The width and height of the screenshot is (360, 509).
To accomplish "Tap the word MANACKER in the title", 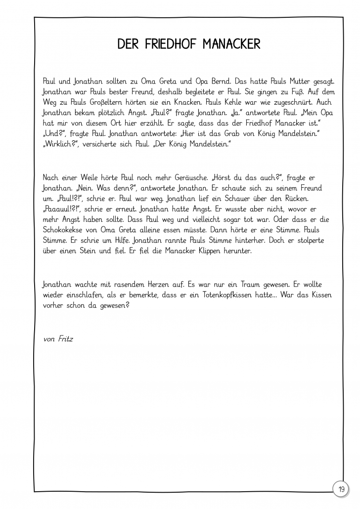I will pyautogui.click(x=232, y=44).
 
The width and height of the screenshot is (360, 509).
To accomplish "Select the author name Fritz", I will pyautogui.click(x=64, y=339).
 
